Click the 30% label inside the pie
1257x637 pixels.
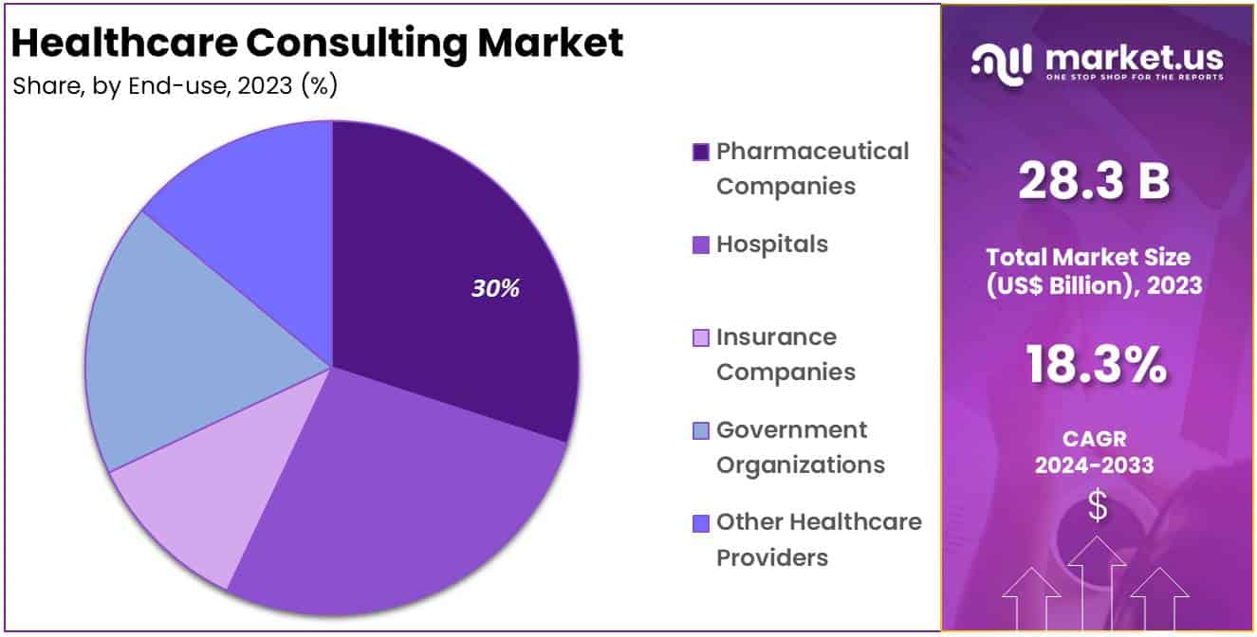click(x=495, y=289)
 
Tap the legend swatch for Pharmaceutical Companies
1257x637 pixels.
click(x=701, y=152)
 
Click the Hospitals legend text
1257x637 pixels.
click(x=771, y=245)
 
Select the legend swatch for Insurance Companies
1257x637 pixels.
click(x=701, y=337)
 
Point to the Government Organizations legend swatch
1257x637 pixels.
click(x=701, y=430)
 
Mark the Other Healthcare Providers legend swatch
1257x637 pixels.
click(x=701, y=522)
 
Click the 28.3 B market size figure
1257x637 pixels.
click(x=1094, y=181)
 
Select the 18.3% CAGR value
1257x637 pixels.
click(x=1096, y=366)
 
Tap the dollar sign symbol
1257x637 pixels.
click(x=1097, y=507)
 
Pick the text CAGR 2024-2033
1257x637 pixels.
click(x=1094, y=452)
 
